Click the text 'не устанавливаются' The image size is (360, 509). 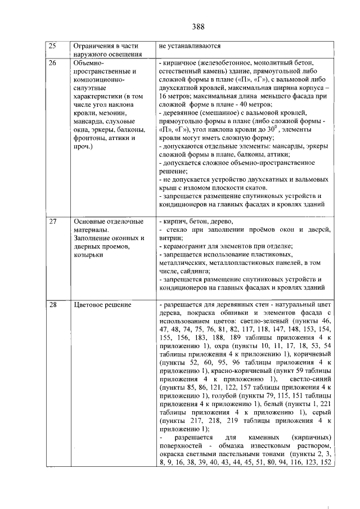[x=190, y=46]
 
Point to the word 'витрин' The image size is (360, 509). [x=170, y=238]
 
